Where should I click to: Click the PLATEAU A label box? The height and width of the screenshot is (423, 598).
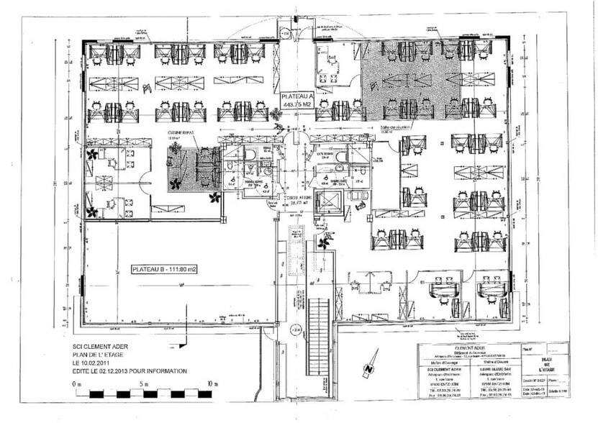tap(298, 99)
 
